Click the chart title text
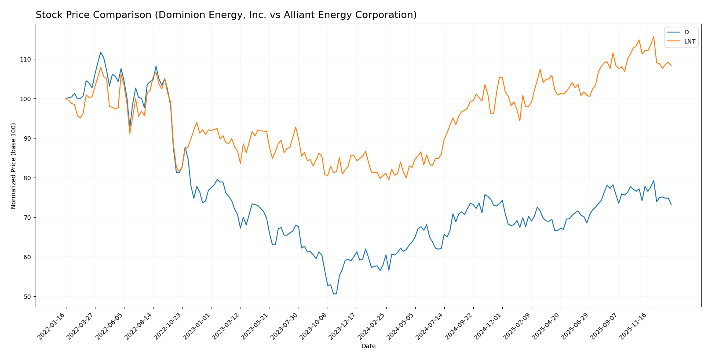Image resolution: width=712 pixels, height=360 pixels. (226, 15)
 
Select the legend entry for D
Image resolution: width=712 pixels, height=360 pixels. (686, 32)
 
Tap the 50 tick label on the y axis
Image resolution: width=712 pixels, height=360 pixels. (28, 297)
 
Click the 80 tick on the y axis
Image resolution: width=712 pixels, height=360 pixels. (28, 178)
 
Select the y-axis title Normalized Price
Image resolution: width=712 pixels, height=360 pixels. (14, 166)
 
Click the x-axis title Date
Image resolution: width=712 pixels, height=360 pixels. (368, 346)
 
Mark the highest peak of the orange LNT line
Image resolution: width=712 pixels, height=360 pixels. (654, 36)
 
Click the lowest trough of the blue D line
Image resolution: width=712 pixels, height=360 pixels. (334, 294)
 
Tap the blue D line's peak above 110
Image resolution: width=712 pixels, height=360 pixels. (100, 52)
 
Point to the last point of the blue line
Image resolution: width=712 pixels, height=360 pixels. (671, 204)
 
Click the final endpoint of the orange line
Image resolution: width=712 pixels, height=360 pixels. (671, 66)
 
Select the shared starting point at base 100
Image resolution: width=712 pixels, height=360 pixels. (66, 98)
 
